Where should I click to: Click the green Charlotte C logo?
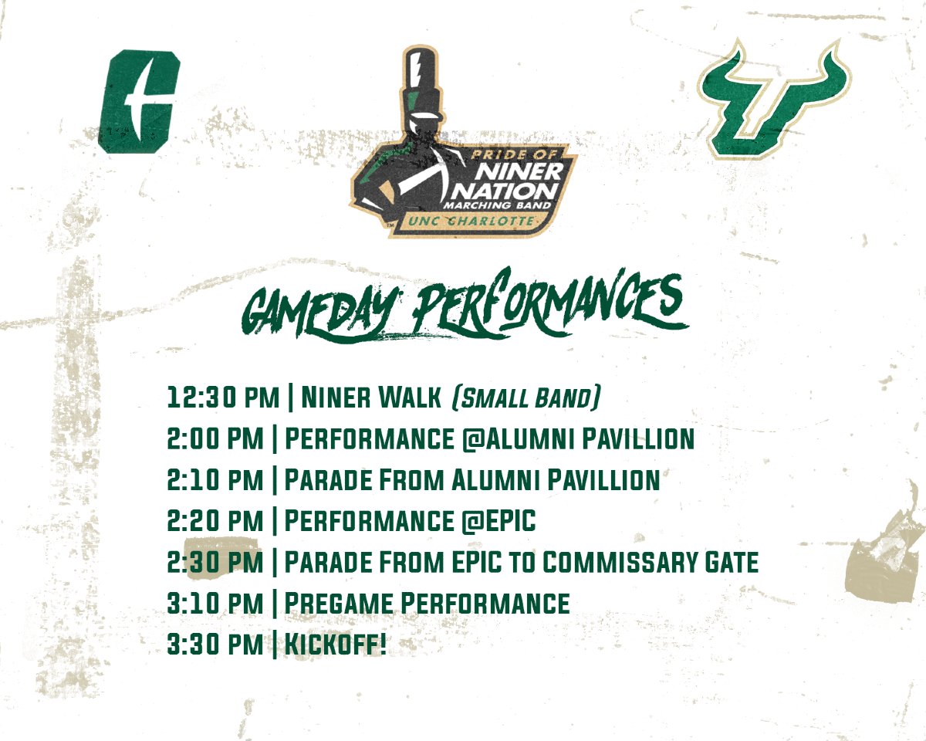pyautogui.click(x=139, y=101)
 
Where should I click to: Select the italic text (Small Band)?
pyautogui.click(x=526, y=398)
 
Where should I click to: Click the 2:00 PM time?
pyautogui.click(x=215, y=439)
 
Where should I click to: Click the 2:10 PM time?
pyautogui.click(x=215, y=480)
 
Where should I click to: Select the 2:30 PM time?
pyautogui.click(x=215, y=562)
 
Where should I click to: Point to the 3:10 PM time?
pyautogui.click(x=215, y=603)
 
